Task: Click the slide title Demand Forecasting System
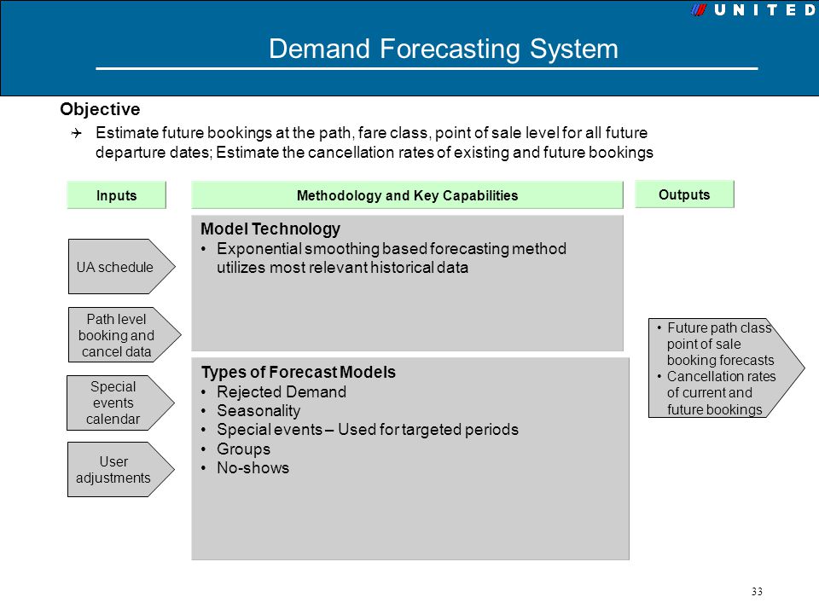[x=444, y=49]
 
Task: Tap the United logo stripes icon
[x=699, y=10]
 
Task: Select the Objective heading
[x=101, y=109]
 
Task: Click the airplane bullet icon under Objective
[x=77, y=133]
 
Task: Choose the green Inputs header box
[x=117, y=195]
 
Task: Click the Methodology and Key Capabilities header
[x=408, y=195]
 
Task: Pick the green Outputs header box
[x=684, y=194]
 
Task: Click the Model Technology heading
[x=270, y=229]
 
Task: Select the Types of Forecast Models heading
[x=299, y=373]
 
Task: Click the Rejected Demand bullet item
[x=281, y=391]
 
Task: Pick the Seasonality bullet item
[x=258, y=411]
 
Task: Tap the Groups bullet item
[x=243, y=449]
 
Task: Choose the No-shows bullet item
[x=253, y=468]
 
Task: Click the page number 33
[x=757, y=592]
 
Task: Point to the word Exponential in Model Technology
[x=258, y=248]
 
